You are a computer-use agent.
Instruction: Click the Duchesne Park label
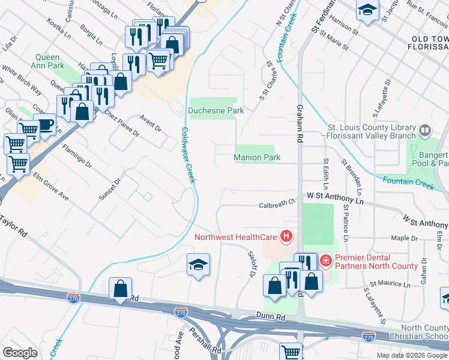[x=215, y=110]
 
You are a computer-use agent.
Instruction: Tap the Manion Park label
[x=257, y=158]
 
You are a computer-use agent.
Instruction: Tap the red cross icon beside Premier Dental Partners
[x=326, y=260]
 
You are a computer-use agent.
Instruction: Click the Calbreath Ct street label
[x=278, y=204]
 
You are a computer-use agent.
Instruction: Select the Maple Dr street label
[x=404, y=238]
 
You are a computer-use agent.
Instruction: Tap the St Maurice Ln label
[x=390, y=282]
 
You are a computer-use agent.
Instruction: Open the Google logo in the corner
[x=20, y=352]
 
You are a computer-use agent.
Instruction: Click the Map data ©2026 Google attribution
[x=412, y=355]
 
